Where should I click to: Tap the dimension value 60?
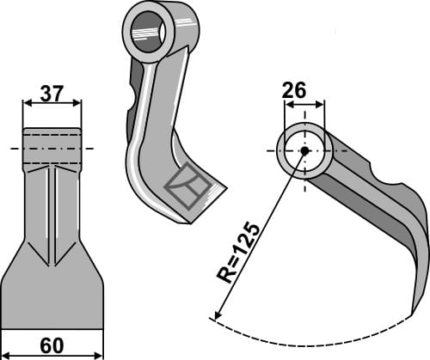52,345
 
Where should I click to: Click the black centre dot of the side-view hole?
304,150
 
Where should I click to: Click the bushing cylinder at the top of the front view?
52,148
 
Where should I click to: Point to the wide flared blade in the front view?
52,296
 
